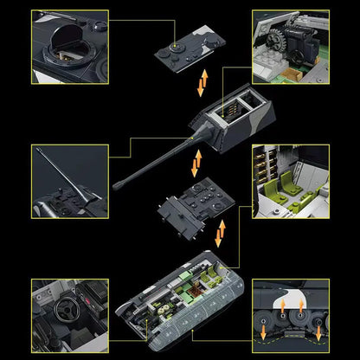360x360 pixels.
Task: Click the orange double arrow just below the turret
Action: click(x=198, y=161)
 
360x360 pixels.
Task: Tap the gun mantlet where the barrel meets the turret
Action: click(x=192, y=145)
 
